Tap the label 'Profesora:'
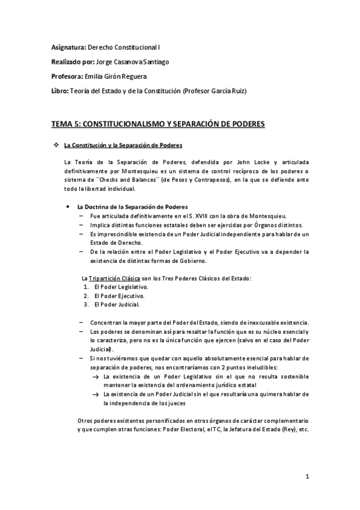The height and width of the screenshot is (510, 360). point(67,76)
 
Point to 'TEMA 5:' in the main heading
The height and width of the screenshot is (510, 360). point(64,124)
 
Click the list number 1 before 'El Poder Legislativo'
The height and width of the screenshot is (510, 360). point(87,287)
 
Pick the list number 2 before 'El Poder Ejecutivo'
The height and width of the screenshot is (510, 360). point(87,295)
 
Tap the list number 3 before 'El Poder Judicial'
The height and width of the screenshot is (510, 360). point(87,304)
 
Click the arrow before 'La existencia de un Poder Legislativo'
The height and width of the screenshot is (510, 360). point(96,376)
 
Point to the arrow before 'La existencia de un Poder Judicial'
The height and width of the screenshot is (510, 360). point(96,395)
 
